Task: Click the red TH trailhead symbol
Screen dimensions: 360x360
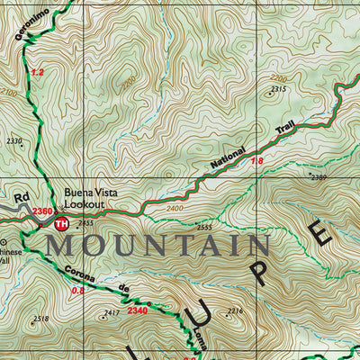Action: click(61, 223)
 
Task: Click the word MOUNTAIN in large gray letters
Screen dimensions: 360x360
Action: click(158, 245)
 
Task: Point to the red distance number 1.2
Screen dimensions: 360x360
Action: click(36, 71)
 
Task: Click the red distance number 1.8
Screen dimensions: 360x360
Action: click(256, 161)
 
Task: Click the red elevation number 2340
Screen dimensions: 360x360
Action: click(137, 310)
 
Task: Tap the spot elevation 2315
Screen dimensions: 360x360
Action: click(278, 89)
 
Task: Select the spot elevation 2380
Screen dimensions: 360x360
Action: click(319, 177)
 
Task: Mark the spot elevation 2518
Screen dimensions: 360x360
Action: click(40, 319)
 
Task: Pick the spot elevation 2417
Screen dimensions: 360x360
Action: click(111, 312)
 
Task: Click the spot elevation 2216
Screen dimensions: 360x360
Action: click(234, 310)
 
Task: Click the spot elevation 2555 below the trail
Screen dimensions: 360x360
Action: click(204, 228)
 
